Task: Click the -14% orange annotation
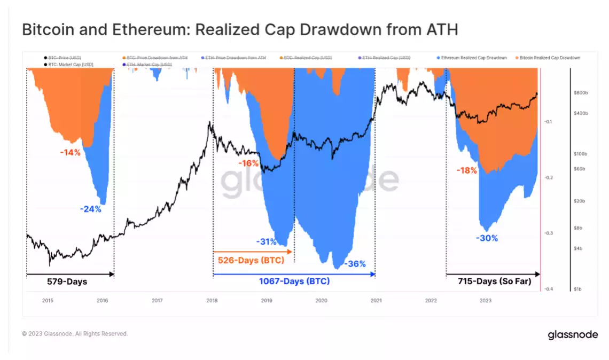pos(70,152)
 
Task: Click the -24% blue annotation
pos(90,209)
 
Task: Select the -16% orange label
pos(248,163)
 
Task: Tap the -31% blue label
pos(266,241)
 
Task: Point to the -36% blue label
pos(355,264)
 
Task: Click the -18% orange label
pos(466,170)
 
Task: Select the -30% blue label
pos(487,238)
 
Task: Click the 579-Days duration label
pos(67,281)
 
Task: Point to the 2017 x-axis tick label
pos(157,300)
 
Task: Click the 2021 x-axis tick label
pos(376,300)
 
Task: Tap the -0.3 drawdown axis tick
pos(548,233)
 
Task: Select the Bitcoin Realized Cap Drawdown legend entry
pos(549,57)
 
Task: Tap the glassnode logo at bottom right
pos(573,335)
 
